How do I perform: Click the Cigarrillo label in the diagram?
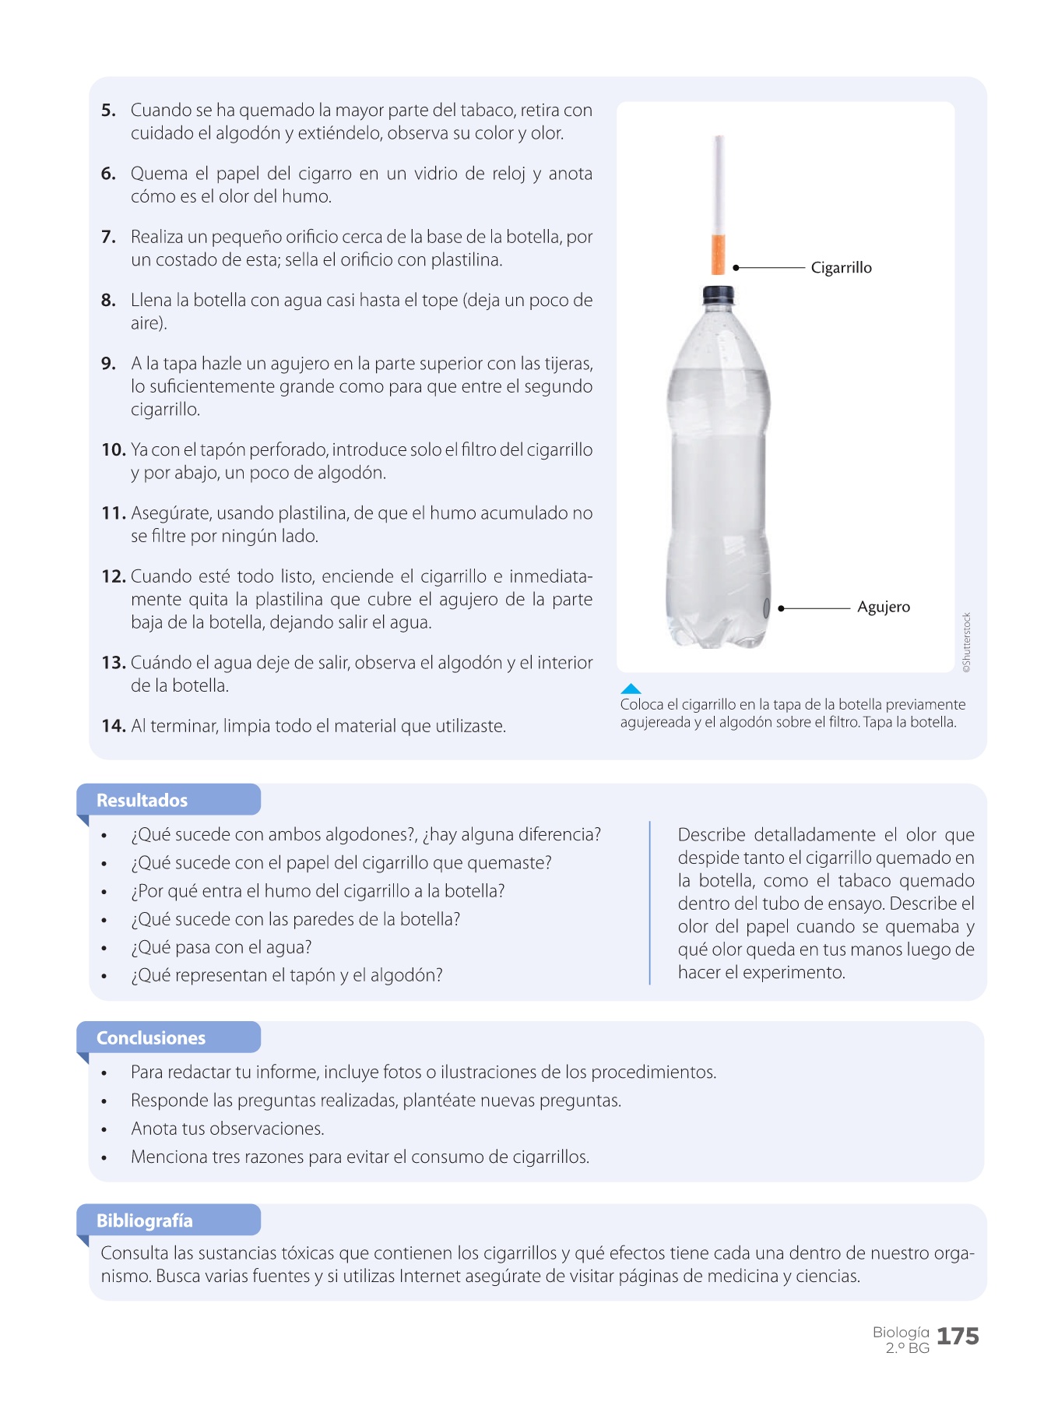pos(841,267)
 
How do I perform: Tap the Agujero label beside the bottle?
pos(883,607)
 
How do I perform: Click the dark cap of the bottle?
pos(718,294)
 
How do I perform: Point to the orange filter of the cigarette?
pos(718,254)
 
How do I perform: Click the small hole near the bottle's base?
pos(766,608)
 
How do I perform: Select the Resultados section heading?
pos(142,800)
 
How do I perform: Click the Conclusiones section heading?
pos(150,1037)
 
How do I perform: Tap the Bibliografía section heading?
pos(144,1221)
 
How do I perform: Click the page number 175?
pos(958,1337)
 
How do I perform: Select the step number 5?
pos(108,110)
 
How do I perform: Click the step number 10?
pos(113,449)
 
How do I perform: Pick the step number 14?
pos(113,726)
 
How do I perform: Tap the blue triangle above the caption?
pos(631,689)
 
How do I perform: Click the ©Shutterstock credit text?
pos(966,643)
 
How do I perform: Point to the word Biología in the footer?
pos(901,1332)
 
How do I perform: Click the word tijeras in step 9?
pos(567,364)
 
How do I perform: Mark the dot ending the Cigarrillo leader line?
pos(736,267)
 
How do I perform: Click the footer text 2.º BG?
pos(907,1348)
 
